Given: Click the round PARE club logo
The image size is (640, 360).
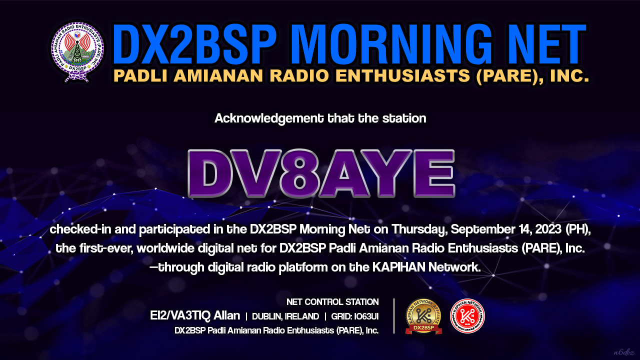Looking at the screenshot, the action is point(77,51).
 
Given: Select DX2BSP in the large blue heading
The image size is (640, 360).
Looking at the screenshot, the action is point(194,44).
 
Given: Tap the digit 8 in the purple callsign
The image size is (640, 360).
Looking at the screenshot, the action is point(299,173).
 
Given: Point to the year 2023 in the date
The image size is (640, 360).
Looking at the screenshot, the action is point(548,229).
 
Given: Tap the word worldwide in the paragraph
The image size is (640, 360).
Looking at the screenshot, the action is point(165,248).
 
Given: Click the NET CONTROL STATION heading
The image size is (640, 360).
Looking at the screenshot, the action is point(332,302).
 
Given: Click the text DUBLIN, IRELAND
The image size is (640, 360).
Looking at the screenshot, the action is point(285,316).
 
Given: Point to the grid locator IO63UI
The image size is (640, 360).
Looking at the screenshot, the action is point(366,316).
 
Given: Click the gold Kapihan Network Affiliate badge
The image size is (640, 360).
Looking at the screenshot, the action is point(423,316).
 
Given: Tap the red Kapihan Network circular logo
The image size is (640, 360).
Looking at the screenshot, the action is point(467,316).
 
